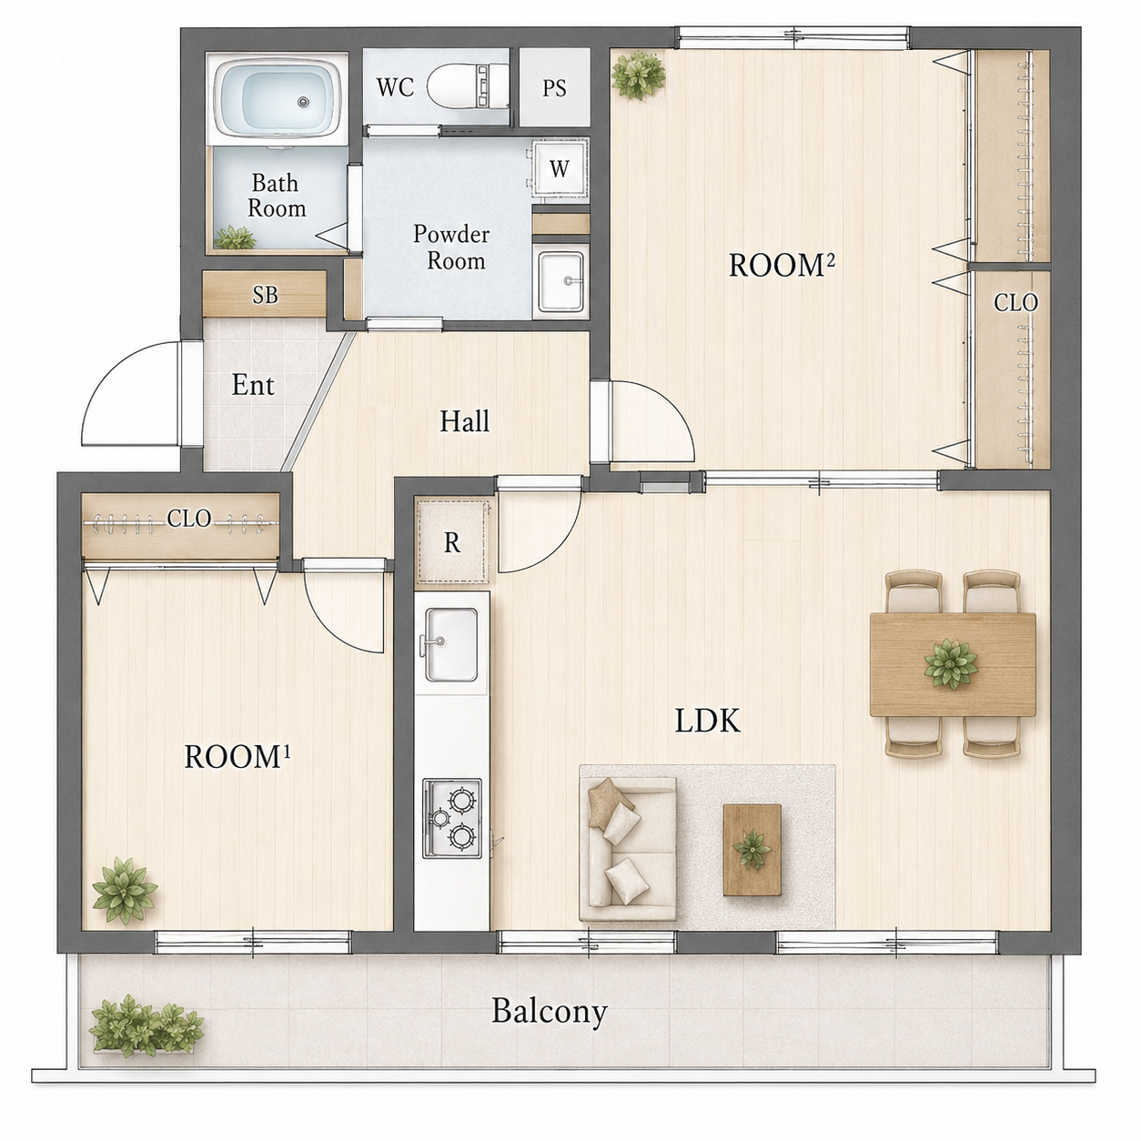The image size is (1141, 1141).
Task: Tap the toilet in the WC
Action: tap(469, 86)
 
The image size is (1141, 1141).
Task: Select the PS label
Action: tap(554, 88)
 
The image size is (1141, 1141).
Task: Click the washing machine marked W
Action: tap(560, 168)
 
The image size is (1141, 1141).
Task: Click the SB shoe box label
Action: tap(265, 295)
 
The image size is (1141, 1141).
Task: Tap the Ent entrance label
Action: tap(253, 385)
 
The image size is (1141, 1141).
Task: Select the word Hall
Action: tap(465, 421)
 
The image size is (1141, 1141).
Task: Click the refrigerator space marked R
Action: tap(453, 541)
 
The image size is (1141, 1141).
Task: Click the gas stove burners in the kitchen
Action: tap(452, 818)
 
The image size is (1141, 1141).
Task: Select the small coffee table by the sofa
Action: tap(752, 850)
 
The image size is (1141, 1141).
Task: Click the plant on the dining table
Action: tap(951, 663)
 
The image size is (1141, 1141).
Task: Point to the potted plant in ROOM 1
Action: tap(125, 890)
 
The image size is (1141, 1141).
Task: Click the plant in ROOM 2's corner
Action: tap(638, 76)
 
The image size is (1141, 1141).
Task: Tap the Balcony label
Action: tap(550, 1013)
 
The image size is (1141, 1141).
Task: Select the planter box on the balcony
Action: tap(145, 1028)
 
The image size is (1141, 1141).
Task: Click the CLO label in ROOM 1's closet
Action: tap(189, 518)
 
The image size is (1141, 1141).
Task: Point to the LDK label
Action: tap(708, 722)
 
